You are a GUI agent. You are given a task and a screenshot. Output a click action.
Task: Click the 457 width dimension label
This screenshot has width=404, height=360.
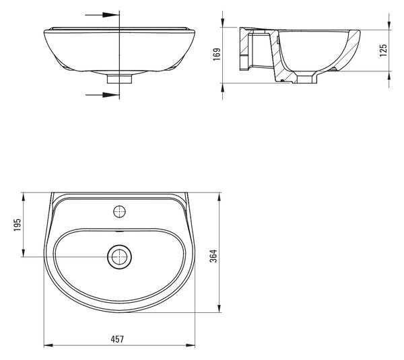pyautogui.click(x=117, y=339)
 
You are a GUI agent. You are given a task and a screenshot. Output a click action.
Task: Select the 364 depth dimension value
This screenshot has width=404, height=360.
pyautogui.click(x=213, y=256)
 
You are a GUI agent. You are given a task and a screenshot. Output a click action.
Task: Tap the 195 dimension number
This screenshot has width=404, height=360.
pyautogui.click(x=18, y=225)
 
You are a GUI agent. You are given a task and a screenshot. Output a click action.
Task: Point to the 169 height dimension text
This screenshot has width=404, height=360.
pyautogui.click(x=217, y=54)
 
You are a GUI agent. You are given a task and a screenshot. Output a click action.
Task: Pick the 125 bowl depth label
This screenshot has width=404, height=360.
pyautogui.click(x=383, y=50)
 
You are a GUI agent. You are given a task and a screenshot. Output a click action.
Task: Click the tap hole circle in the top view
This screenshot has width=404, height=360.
pyautogui.click(x=120, y=212)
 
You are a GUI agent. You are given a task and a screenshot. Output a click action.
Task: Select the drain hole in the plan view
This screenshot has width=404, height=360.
pyautogui.click(x=120, y=257)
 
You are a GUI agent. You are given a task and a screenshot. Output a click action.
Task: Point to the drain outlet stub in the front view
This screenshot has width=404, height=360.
pyautogui.click(x=120, y=79)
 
